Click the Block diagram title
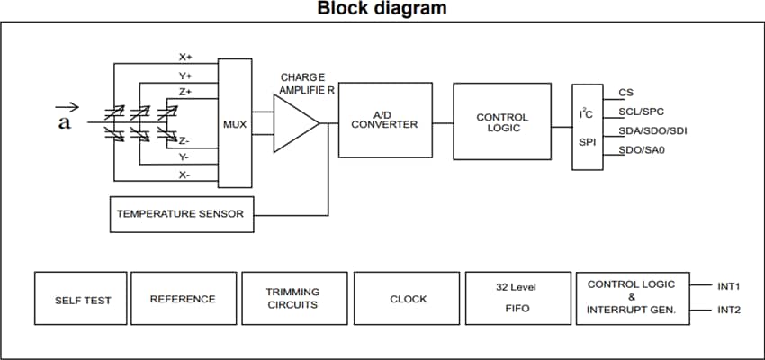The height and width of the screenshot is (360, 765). [382, 10]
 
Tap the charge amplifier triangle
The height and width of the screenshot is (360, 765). [292, 123]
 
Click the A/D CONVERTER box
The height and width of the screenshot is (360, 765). [384, 121]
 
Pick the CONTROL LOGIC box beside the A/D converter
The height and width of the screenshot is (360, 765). [501, 122]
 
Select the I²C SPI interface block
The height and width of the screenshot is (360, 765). [587, 127]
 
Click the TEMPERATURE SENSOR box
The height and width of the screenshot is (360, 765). [180, 214]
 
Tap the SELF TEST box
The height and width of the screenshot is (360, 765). [83, 299]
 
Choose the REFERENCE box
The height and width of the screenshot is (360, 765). [183, 299]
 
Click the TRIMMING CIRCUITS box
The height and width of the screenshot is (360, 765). [292, 299]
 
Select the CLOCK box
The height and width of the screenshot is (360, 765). [408, 299]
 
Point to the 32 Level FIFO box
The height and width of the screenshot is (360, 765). [517, 299]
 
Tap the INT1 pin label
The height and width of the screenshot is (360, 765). [728, 286]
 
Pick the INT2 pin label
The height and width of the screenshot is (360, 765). [728, 310]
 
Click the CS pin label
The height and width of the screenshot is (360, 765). [625, 93]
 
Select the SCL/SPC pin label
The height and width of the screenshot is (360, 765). [641, 112]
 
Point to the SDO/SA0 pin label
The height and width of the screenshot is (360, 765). [641, 150]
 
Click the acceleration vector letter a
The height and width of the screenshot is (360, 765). [64, 122]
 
